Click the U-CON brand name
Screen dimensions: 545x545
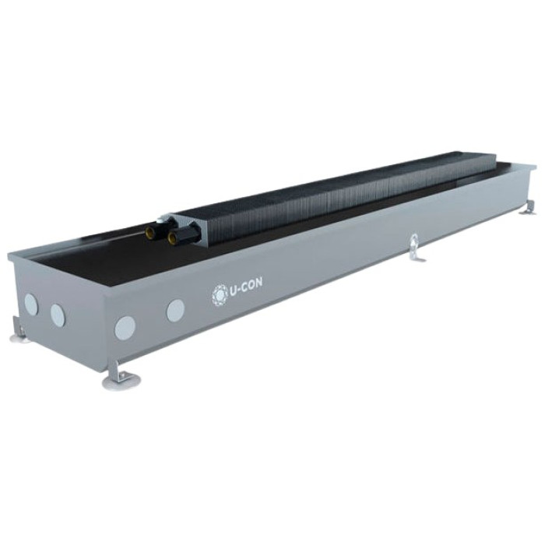[246, 288]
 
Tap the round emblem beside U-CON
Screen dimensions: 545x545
[220, 295]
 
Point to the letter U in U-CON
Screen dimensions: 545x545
[234, 292]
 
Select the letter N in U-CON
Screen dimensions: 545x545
[259, 283]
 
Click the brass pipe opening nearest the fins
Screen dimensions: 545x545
[172, 237]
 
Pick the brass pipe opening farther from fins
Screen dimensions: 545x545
[149, 232]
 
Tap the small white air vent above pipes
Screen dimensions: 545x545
[160, 220]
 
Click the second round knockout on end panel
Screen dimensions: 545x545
[58, 315]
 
